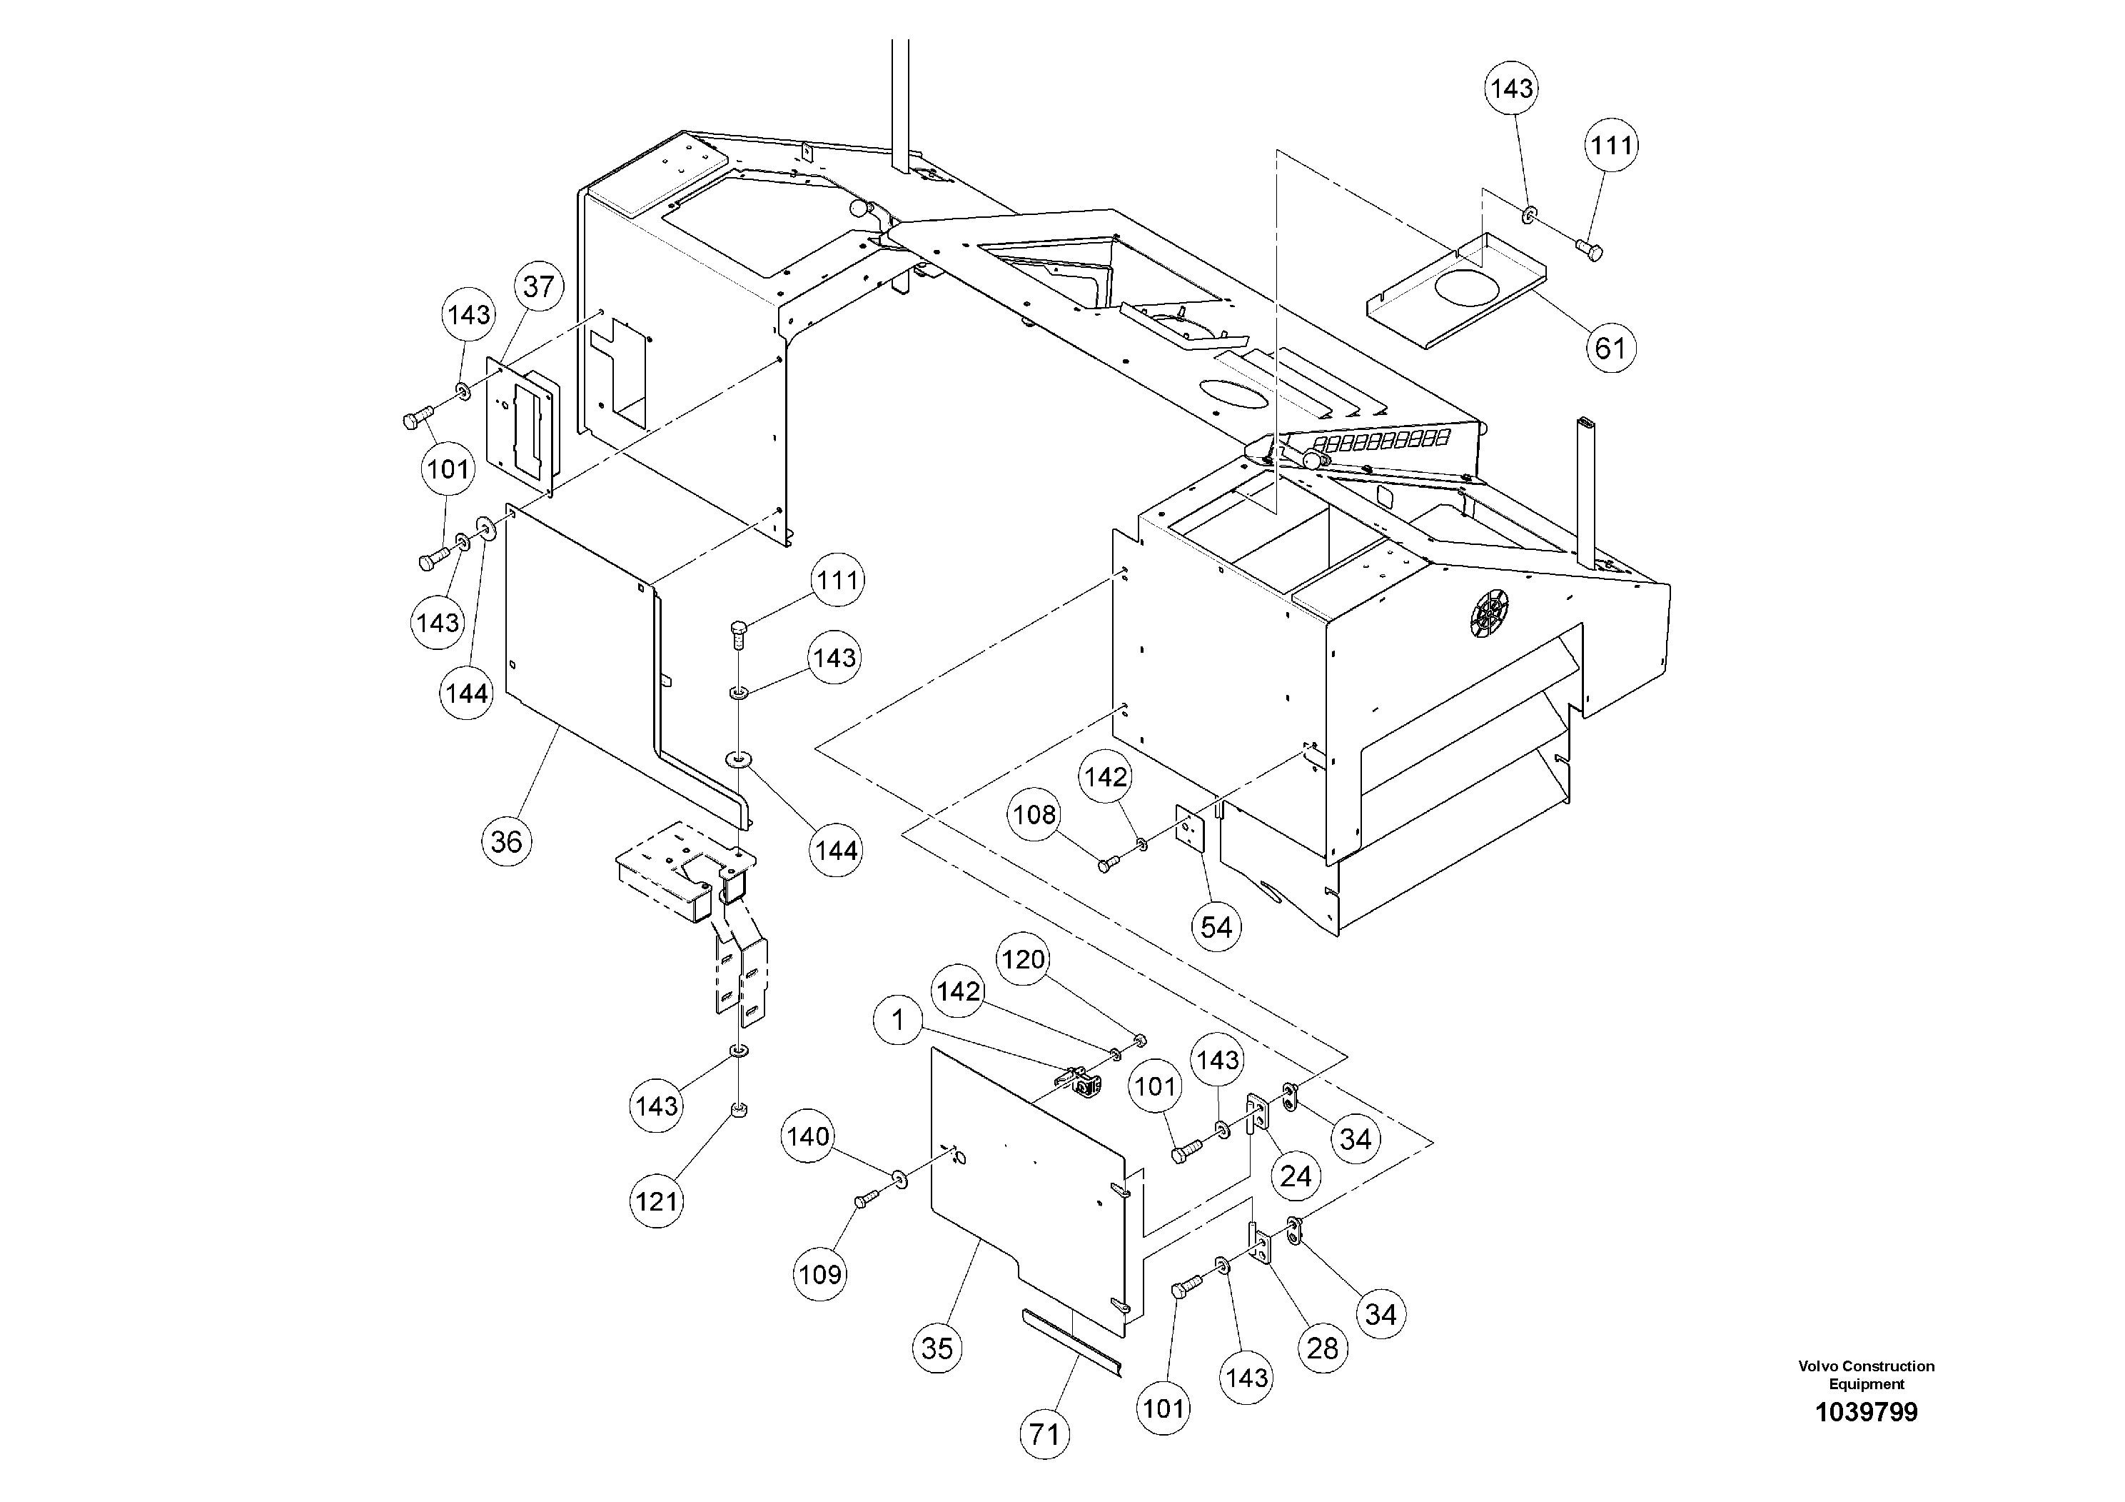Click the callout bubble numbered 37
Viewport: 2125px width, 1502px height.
(539, 286)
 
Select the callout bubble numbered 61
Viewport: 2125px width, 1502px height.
(1610, 349)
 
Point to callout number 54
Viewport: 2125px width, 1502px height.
(1216, 926)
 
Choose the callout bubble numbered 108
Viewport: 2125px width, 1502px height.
(1034, 814)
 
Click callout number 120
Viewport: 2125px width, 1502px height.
(1023, 959)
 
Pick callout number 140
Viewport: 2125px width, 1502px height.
(808, 1136)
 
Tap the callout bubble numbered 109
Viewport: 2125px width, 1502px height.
(820, 1274)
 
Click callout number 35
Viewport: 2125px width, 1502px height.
(937, 1348)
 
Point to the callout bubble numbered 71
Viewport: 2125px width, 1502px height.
(1044, 1434)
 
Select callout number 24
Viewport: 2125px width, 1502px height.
(1295, 1176)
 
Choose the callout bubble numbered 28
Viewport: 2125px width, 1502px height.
(1323, 1348)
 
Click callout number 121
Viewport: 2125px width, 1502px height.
(657, 1202)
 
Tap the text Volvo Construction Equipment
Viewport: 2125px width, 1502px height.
(1866, 1374)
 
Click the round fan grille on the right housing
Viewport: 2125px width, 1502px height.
(1489, 612)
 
